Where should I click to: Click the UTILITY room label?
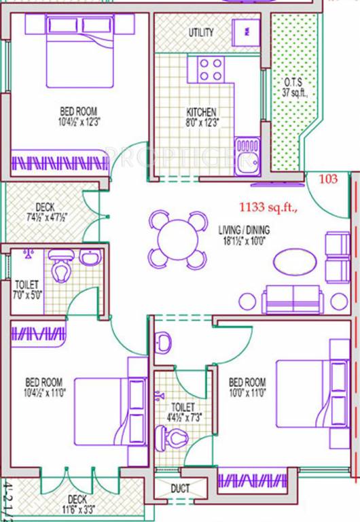(202, 32)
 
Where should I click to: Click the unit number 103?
(329, 179)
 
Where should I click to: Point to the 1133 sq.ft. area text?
(268, 207)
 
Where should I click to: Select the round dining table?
(177, 240)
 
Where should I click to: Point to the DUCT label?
(180, 488)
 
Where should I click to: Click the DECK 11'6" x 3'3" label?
(77, 502)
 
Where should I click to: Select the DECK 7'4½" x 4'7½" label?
(46, 211)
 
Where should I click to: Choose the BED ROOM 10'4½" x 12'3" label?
(78, 116)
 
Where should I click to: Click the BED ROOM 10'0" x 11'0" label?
(248, 386)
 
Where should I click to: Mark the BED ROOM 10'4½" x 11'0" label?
(45, 386)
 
